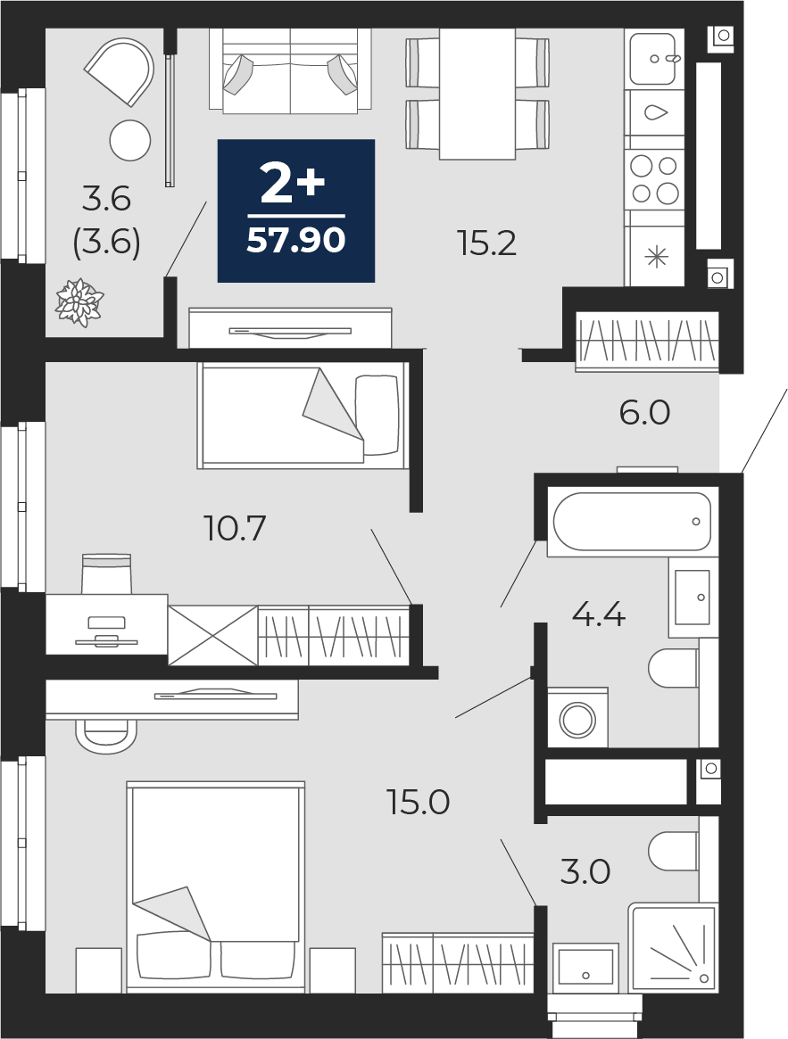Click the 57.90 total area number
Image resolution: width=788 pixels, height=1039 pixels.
point(295,240)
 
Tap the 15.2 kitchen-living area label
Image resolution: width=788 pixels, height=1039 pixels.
point(486,243)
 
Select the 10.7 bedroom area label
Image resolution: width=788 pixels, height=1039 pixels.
point(236,528)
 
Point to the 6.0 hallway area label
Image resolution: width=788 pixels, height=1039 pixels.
point(644,413)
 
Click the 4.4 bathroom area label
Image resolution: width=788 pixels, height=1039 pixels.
point(598,614)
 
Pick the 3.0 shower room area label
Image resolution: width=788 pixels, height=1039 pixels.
point(585,872)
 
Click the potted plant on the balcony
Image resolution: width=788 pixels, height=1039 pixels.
point(79,303)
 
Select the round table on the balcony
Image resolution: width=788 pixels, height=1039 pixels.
point(130,140)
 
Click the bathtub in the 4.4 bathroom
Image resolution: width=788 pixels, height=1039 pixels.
point(632,522)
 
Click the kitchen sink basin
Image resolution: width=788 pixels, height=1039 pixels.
point(652,60)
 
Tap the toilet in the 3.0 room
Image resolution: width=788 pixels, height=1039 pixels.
point(674,851)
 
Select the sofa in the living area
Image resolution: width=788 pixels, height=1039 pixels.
point(291,71)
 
